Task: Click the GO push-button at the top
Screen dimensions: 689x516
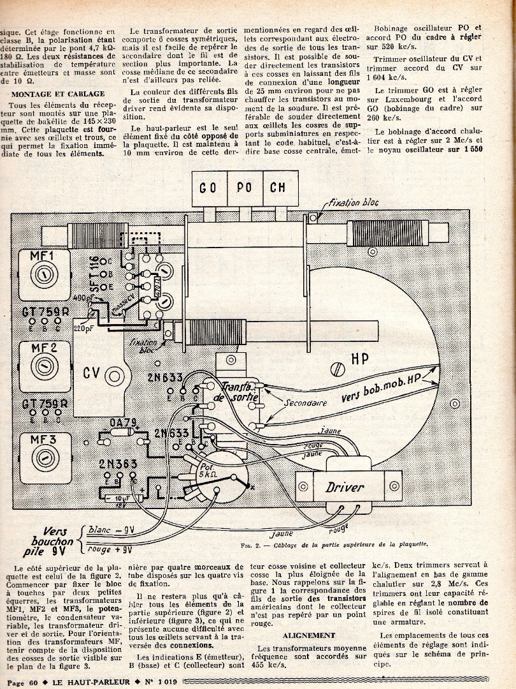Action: pyautogui.click(x=208, y=188)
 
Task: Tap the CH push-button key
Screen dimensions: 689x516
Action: pyautogui.click(x=278, y=188)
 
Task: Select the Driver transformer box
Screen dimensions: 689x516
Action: pyautogui.click(x=345, y=488)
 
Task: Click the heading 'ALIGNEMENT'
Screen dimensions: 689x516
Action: pyautogui.click(x=309, y=635)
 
